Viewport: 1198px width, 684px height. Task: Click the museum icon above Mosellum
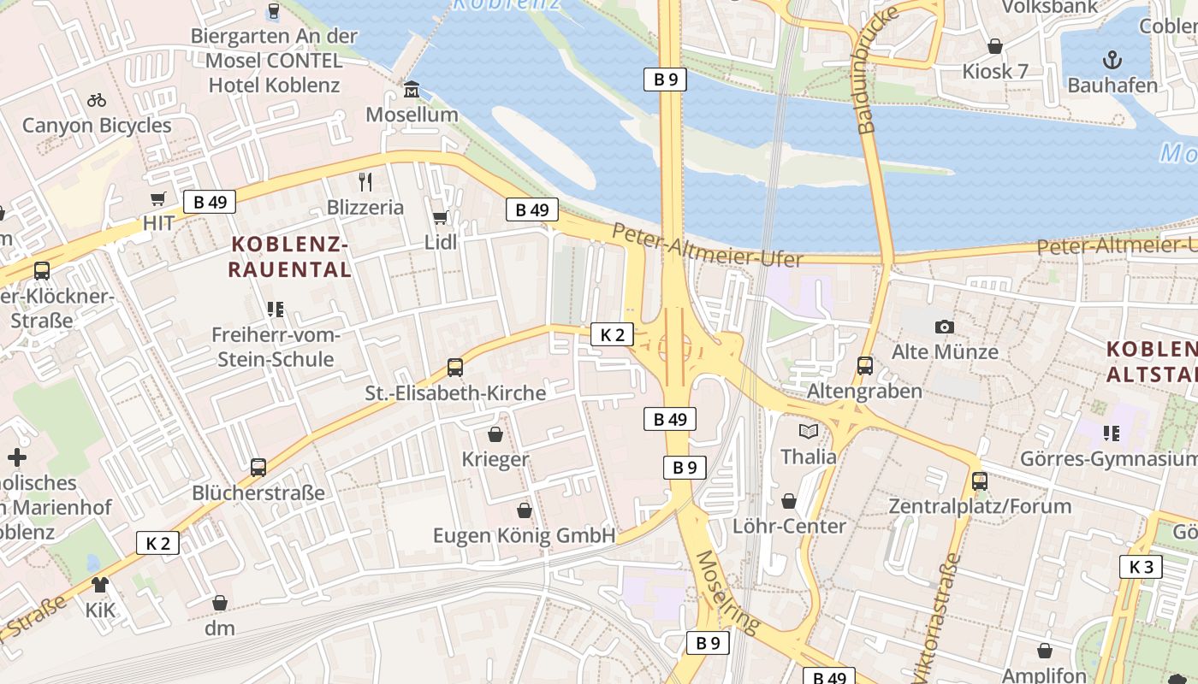coord(412,89)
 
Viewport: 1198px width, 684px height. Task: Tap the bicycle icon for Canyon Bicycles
coord(97,100)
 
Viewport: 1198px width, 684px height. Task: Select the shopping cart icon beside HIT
coord(158,199)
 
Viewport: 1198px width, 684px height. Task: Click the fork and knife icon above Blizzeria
coord(365,181)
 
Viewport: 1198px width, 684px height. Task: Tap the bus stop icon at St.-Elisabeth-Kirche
coord(455,368)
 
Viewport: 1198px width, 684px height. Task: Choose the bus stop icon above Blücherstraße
coord(258,468)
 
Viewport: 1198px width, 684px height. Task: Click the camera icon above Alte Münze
coord(945,327)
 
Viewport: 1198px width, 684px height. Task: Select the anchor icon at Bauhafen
coord(1112,59)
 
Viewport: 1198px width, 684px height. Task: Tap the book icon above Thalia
coord(809,431)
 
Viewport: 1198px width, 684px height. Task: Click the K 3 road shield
coord(1141,566)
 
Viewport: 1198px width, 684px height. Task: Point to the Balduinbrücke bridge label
coord(879,70)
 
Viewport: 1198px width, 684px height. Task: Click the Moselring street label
coord(727,593)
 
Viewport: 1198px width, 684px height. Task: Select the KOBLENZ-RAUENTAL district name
coord(291,257)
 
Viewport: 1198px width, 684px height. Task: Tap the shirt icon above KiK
coord(100,585)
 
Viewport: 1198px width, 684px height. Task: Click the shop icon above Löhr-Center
coord(789,500)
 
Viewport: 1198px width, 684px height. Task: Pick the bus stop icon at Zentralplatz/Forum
coord(980,481)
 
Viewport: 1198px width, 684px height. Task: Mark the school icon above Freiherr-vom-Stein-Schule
coord(276,309)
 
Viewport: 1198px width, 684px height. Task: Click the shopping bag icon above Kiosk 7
coord(995,46)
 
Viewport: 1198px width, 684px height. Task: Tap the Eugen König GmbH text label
coord(524,536)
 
